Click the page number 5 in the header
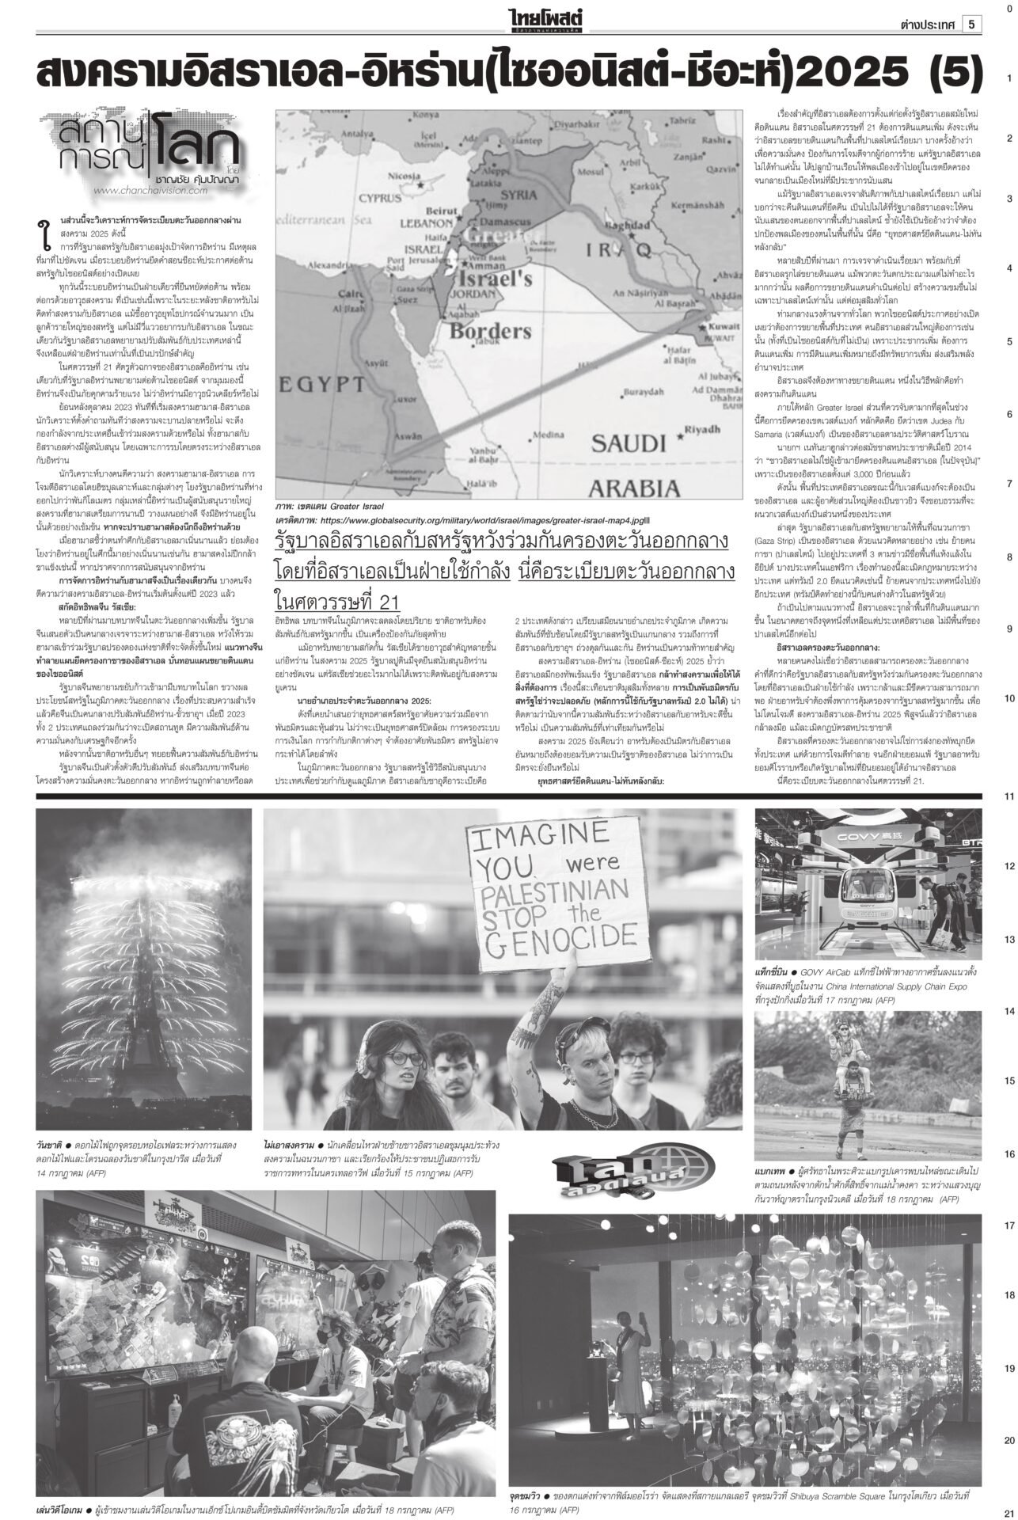coord(971,25)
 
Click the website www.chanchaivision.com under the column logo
coord(149,190)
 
